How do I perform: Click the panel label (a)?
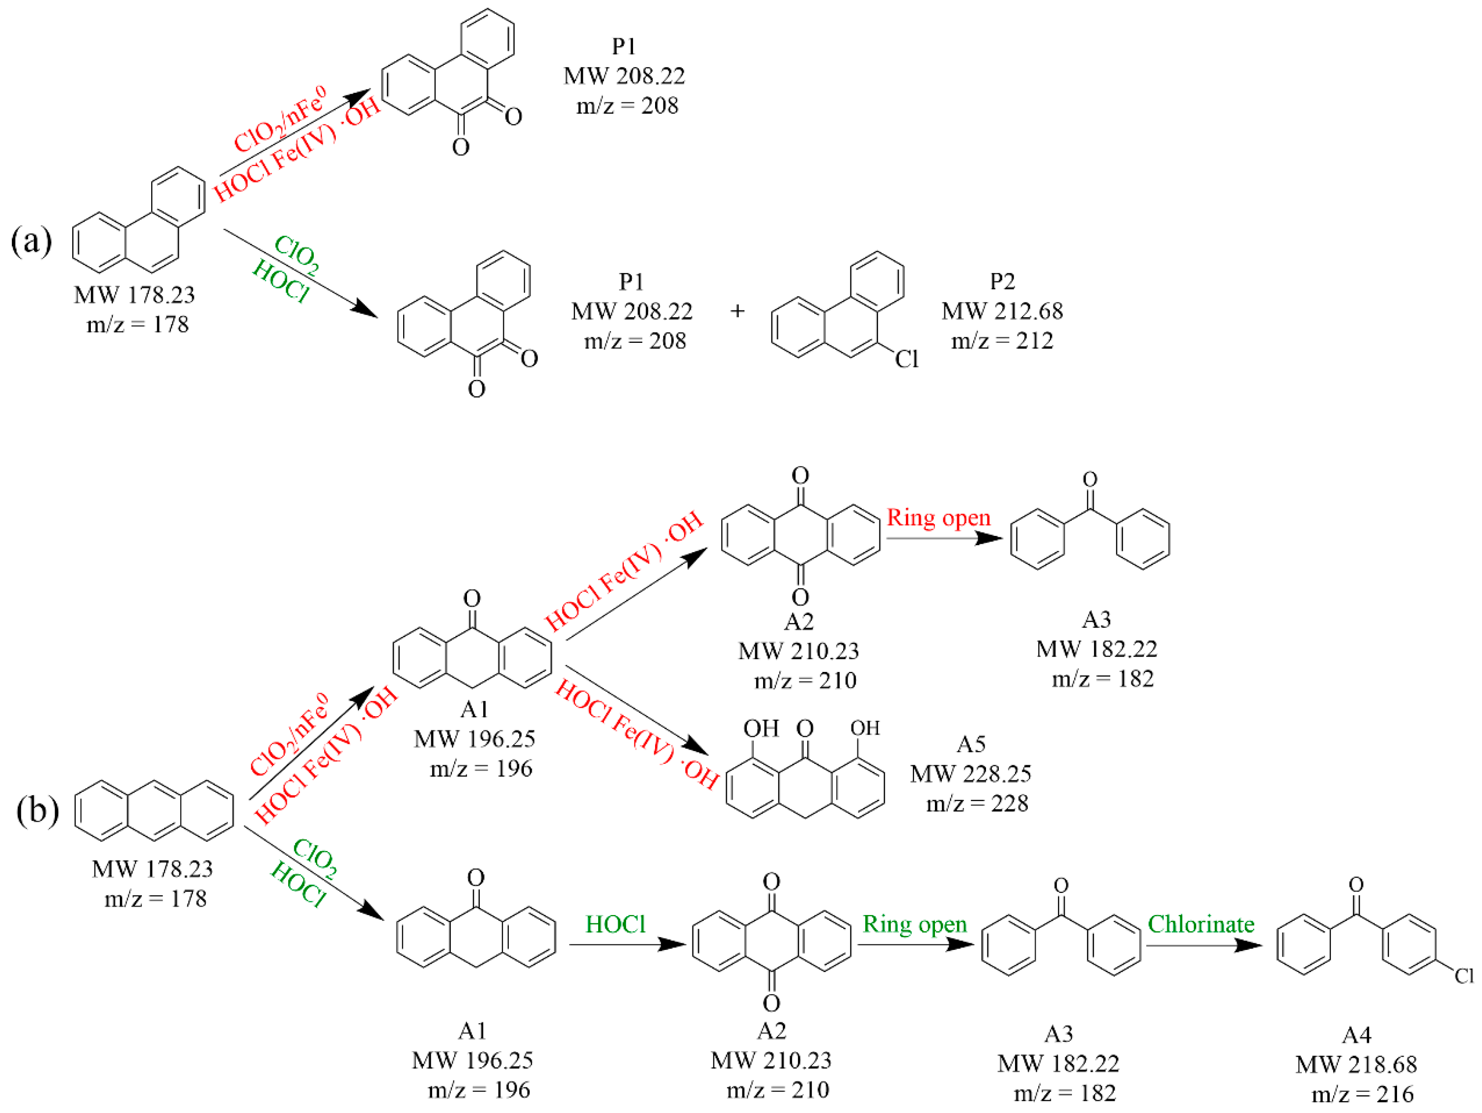(x=31, y=241)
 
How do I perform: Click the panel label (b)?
(x=37, y=811)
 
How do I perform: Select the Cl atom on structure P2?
(x=906, y=359)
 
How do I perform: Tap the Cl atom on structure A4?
(x=1464, y=975)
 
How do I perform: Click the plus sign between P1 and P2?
(x=737, y=311)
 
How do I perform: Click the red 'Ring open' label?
(x=938, y=518)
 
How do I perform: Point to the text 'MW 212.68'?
(x=1002, y=311)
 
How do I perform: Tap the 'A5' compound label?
(x=971, y=745)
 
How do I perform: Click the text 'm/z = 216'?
(x=1362, y=1094)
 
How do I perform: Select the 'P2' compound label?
(x=1002, y=281)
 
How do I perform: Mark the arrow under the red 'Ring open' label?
(x=943, y=538)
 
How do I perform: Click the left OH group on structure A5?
(x=761, y=728)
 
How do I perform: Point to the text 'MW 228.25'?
(x=970, y=774)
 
